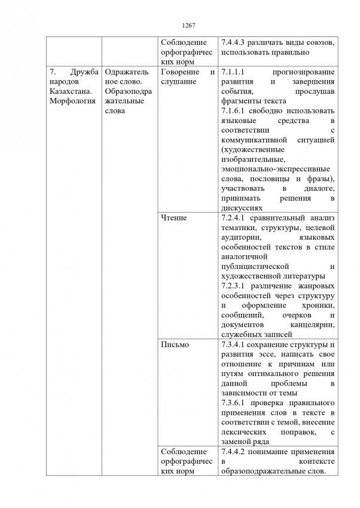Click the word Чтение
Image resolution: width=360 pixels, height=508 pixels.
[x=174, y=218]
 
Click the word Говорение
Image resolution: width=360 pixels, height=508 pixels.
[x=179, y=72]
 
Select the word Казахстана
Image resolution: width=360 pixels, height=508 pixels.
[x=69, y=91]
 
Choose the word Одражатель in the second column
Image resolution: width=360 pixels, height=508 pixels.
[x=125, y=72]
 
